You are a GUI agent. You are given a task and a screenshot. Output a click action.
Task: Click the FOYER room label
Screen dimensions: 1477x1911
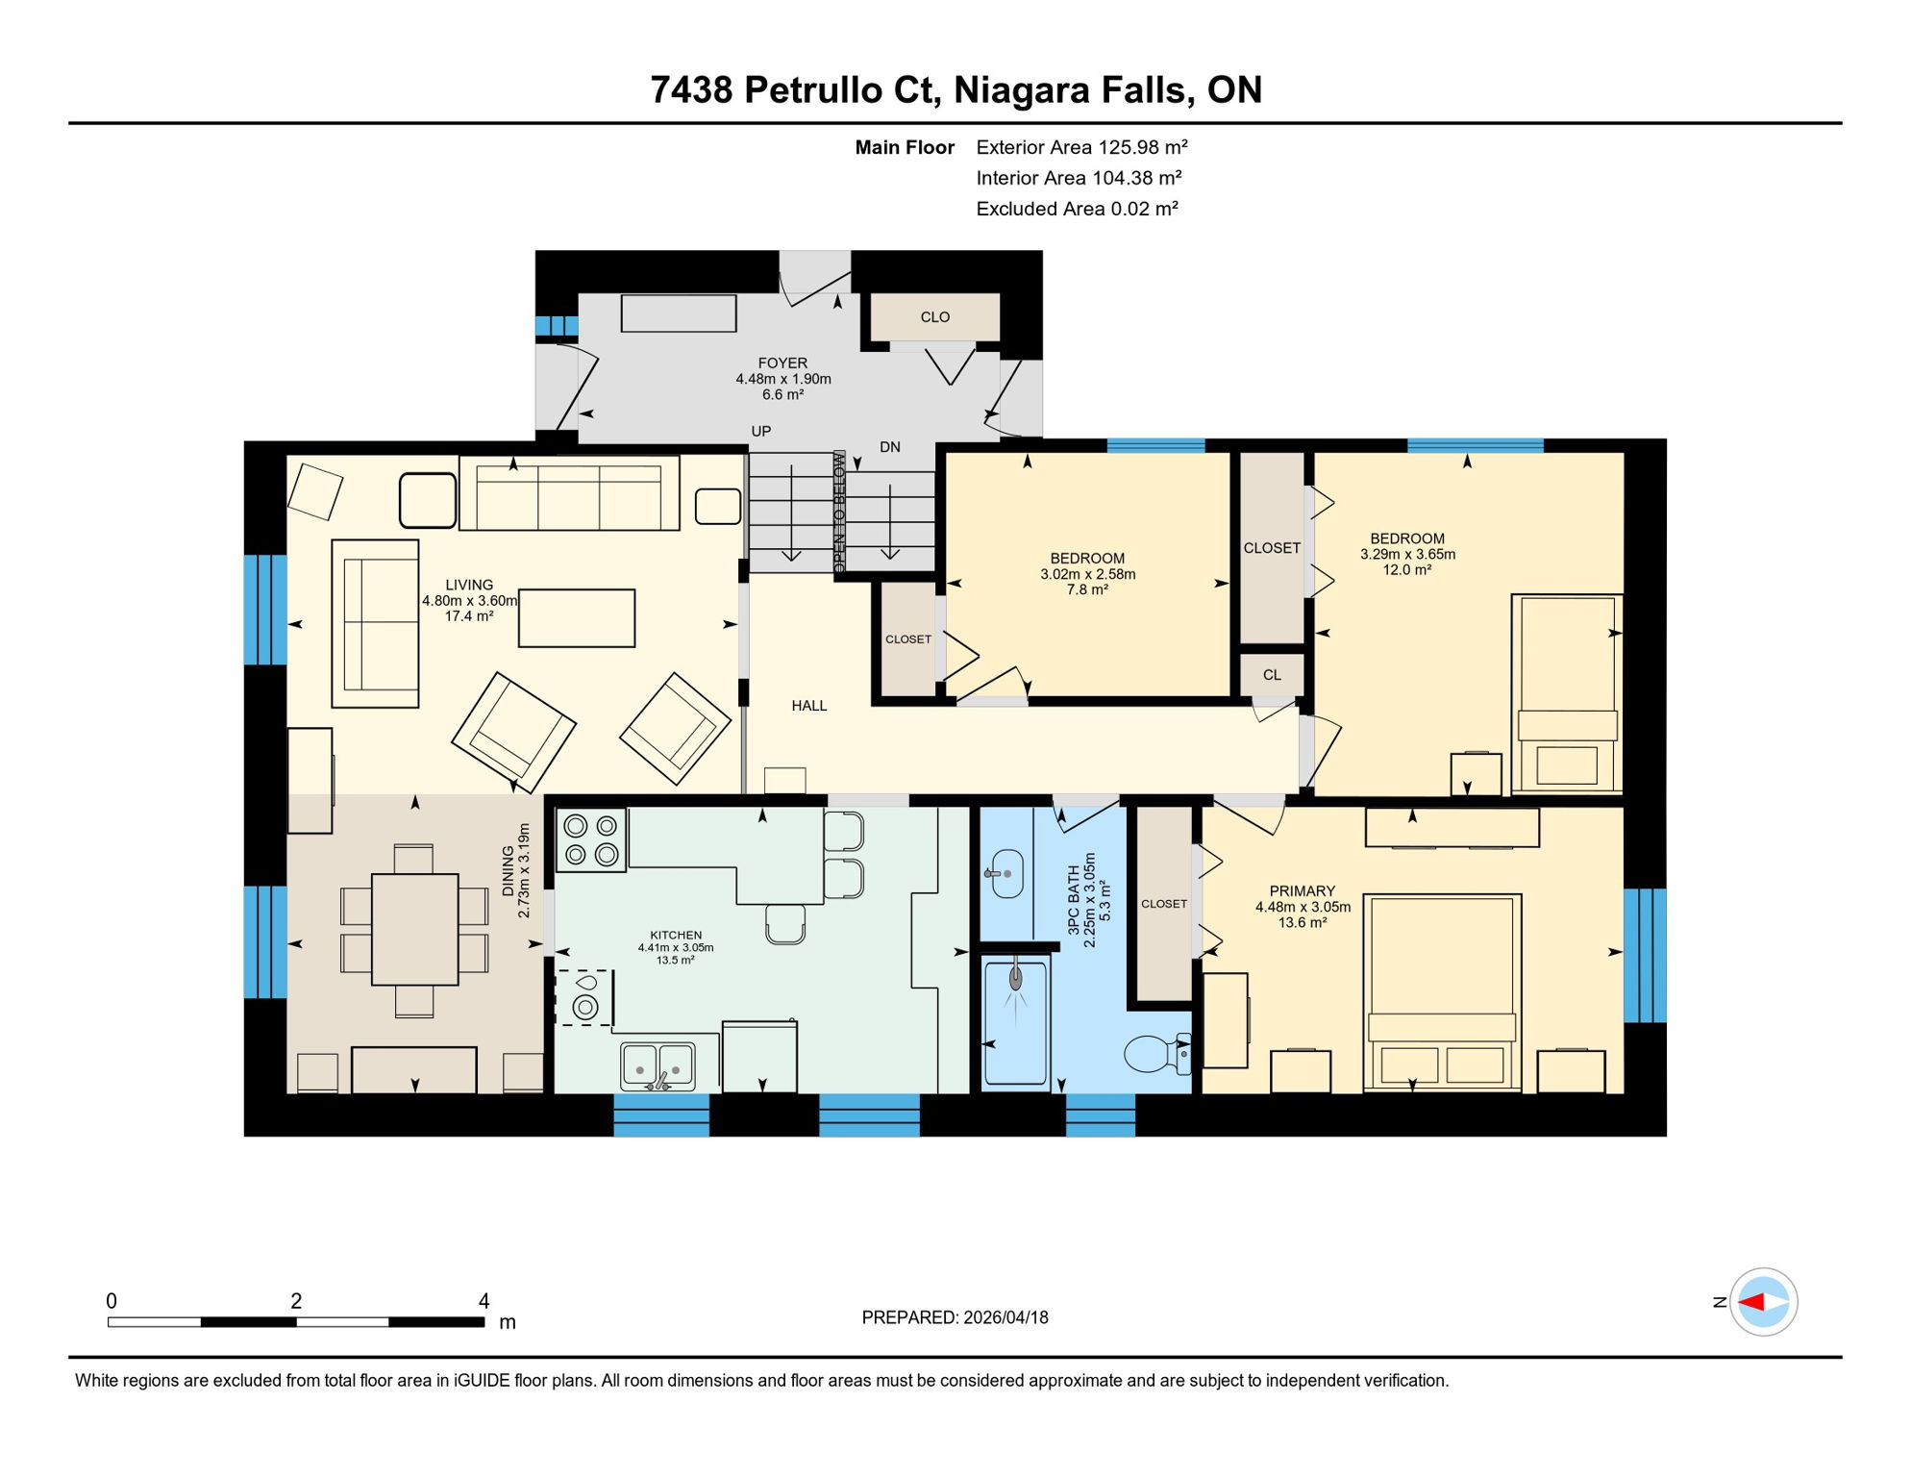(782, 363)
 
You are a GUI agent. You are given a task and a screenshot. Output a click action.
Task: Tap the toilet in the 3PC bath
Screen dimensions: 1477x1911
(1154, 1054)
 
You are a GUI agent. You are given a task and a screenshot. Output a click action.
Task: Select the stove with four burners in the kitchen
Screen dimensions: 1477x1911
(591, 839)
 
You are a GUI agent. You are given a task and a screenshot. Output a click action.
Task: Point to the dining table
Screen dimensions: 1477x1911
(414, 929)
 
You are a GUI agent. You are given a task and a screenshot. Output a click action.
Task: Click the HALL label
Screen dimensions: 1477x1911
(808, 706)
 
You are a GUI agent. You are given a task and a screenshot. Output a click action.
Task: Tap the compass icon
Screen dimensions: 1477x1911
(1763, 1302)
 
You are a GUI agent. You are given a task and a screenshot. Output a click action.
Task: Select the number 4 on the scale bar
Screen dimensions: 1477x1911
(484, 1301)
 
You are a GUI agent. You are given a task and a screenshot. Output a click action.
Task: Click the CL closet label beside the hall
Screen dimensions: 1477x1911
(1272, 675)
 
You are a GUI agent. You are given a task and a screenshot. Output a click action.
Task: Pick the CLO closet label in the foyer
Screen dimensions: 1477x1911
(934, 317)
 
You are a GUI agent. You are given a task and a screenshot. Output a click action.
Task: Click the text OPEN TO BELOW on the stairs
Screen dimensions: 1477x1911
(839, 512)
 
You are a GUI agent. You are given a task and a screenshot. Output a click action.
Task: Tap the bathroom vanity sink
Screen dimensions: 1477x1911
(1006, 873)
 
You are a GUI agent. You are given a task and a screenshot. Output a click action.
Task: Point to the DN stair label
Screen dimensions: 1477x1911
(890, 447)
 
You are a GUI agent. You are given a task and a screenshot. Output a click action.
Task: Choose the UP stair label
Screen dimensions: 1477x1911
(760, 432)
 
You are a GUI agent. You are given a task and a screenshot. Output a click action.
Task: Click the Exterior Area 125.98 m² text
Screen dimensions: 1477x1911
(1081, 147)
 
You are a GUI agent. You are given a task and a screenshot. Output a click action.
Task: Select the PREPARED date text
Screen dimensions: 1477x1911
(955, 1317)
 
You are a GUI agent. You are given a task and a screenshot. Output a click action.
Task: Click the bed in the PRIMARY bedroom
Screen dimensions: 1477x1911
(1441, 990)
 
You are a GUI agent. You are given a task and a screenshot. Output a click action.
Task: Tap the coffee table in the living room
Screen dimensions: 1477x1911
(576, 617)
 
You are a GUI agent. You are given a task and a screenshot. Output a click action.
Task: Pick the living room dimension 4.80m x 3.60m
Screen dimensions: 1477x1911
(469, 601)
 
